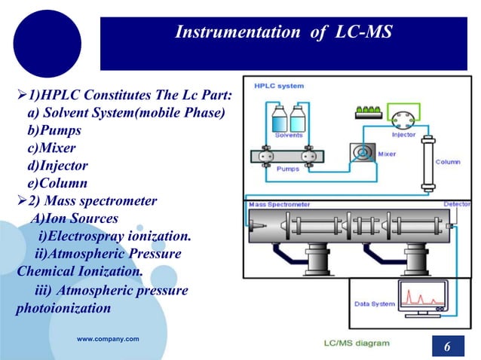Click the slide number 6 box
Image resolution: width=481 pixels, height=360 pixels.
[447, 346]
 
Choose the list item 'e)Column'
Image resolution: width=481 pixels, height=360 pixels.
[57, 183]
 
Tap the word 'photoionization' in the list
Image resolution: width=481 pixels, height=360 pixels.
[63, 308]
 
